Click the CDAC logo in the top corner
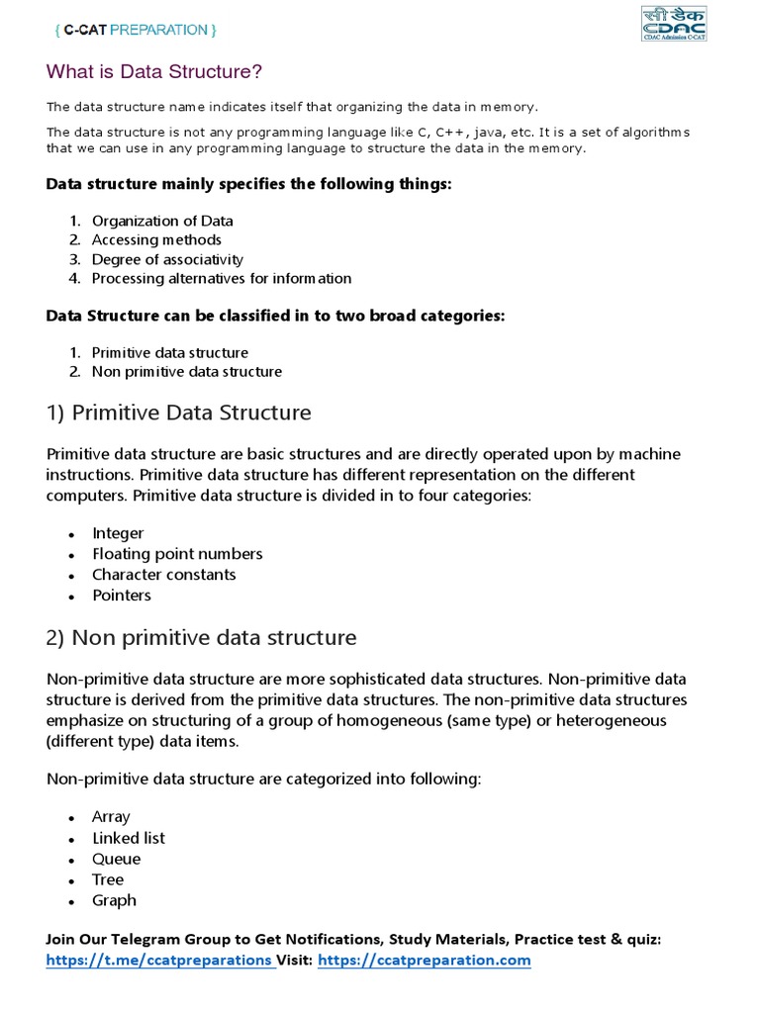pyautogui.click(x=673, y=23)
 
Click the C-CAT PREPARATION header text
pyautogui.click(x=135, y=30)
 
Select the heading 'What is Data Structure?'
pyautogui.click(x=155, y=72)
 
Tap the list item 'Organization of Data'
pyautogui.click(x=162, y=221)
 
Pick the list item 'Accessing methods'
pyautogui.click(x=156, y=239)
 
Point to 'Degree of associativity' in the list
pyautogui.click(x=167, y=259)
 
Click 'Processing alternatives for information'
pyautogui.click(x=222, y=278)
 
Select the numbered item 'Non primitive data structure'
pyautogui.click(x=187, y=372)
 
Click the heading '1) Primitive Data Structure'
pyautogui.click(x=179, y=412)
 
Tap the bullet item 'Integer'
pyautogui.click(x=118, y=533)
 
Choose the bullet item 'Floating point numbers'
pyautogui.click(x=177, y=554)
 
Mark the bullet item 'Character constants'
pyautogui.click(x=164, y=575)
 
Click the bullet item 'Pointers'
pyautogui.click(x=122, y=596)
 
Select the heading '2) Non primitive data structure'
pyautogui.click(x=202, y=638)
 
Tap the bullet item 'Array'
pyautogui.click(x=111, y=817)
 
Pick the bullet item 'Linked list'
pyautogui.click(x=129, y=838)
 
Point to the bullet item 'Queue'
pyautogui.click(x=117, y=859)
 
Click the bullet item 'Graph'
pyautogui.click(x=114, y=900)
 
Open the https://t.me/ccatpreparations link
pyautogui.click(x=158, y=960)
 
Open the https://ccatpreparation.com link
pyautogui.click(x=425, y=960)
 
